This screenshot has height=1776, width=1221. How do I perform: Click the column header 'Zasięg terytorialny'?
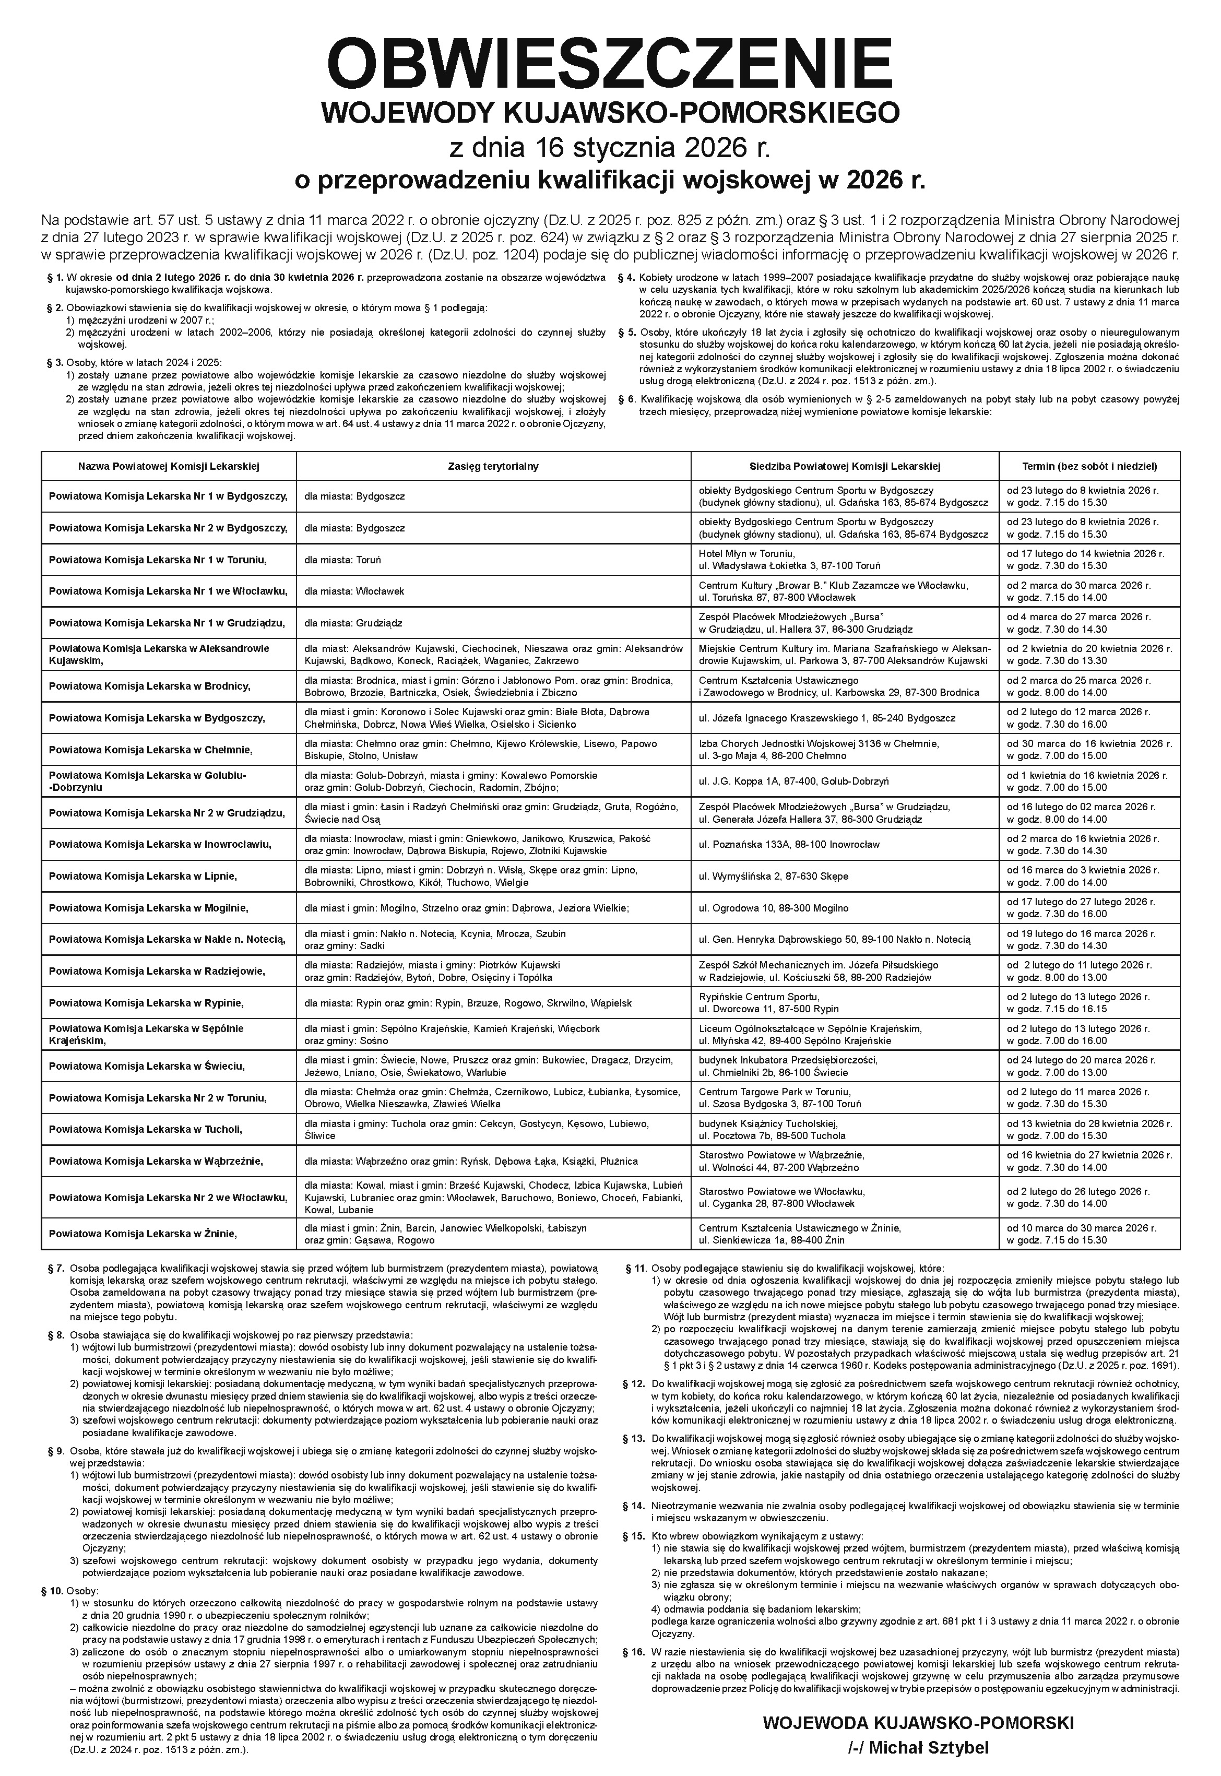[x=493, y=466]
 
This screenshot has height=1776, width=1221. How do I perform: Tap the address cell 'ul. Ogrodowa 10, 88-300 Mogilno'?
[x=774, y=908]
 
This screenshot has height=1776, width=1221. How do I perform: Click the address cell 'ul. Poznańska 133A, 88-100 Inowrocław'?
[x=789, y=844]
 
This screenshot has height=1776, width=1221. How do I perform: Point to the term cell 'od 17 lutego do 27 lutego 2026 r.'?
[x=1078, y=902]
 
